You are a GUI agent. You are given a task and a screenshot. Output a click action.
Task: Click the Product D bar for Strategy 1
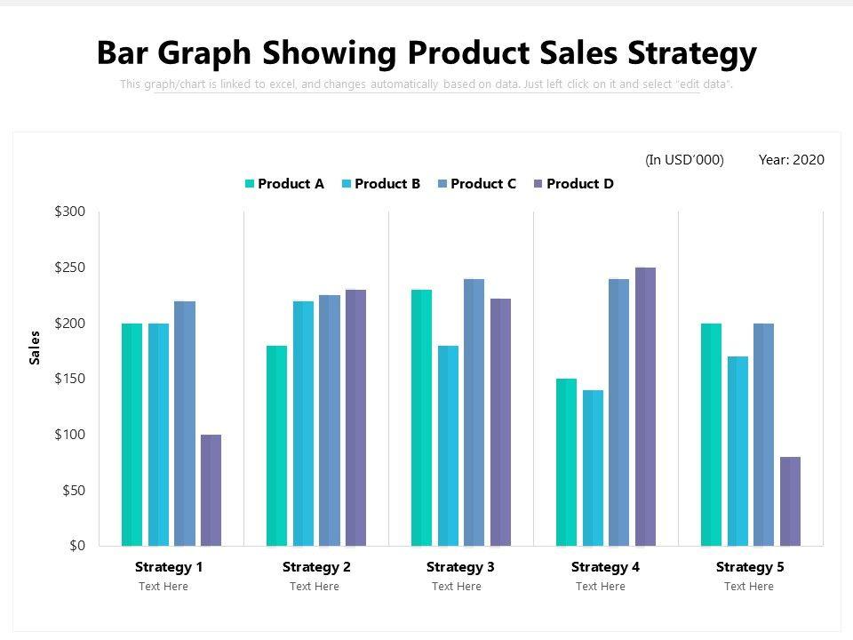(x=211, y=490)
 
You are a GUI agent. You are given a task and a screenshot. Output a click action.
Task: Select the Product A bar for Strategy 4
(x=566, y=462)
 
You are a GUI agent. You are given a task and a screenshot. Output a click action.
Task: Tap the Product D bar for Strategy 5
(x=790, y=501)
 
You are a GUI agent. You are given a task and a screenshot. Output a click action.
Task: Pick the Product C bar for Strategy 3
(x=474, y=412)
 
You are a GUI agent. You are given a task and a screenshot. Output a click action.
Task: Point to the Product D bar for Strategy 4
(x=645, y=406)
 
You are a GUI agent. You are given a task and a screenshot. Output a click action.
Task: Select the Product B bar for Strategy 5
(x=737, y=451)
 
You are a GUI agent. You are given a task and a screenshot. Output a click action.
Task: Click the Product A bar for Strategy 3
(x=421, y=418)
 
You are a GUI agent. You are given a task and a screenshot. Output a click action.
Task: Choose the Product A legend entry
(x=284, y=184)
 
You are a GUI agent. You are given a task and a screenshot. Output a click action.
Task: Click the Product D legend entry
(x=573, y=184)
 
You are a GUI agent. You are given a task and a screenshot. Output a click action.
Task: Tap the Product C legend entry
(x=476, y=184)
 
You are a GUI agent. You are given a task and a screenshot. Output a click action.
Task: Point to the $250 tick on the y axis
(x=70, y=268)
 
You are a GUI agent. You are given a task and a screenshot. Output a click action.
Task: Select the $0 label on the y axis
(x=76, y=546)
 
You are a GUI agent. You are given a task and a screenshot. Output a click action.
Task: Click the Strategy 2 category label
(x=316, y=567)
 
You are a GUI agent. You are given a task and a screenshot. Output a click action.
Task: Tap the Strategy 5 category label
(x=750, y=567)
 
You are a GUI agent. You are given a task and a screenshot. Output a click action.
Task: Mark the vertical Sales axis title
(x=36, y=347)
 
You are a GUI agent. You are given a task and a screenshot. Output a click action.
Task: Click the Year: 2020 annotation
(x=791, y=160)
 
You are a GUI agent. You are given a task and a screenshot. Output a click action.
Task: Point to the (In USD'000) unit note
(x=684, y=160)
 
